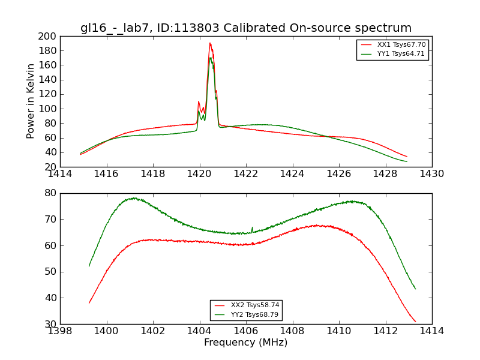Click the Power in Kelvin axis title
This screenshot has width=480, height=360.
tap(31, 101)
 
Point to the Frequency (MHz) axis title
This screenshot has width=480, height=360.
tap(246, 343)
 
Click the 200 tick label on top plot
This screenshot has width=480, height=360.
tap(47, 36)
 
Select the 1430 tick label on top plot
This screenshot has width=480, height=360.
tap(431, 174)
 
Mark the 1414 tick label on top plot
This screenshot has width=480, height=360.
tap(60, 174)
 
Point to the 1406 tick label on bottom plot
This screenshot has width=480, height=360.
tap(245, 331)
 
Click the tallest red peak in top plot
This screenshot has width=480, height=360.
tap(210, 43)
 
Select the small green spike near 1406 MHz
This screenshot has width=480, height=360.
tap(252, 228)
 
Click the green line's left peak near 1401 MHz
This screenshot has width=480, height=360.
tap(133, 198)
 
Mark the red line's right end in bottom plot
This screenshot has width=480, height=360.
tap(415, 322)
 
